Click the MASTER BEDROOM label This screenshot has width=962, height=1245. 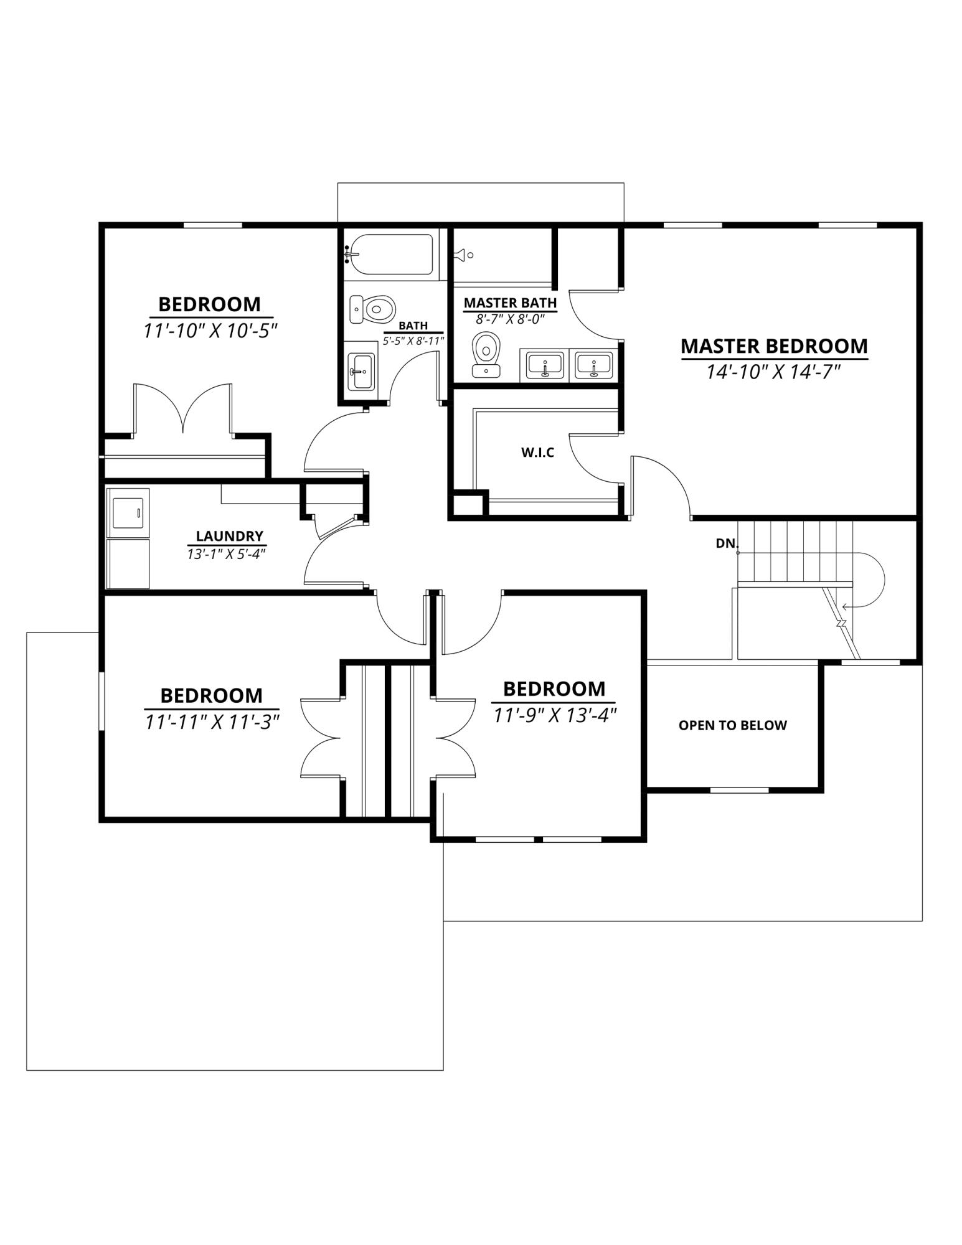773,346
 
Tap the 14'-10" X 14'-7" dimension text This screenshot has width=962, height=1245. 773,372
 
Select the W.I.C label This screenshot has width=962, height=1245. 537,453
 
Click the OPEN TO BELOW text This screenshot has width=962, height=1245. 732,725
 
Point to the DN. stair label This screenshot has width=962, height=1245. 726,543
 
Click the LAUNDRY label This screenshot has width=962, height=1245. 229,536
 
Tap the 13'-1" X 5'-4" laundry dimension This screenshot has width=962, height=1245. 227,553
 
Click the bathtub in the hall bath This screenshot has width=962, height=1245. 391,254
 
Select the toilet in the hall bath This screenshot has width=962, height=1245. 372,309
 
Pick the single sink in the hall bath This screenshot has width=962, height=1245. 360,372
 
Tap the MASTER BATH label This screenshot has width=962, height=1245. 510,303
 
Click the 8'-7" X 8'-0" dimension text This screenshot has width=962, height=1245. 510,319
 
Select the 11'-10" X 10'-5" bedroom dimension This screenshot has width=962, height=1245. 210,331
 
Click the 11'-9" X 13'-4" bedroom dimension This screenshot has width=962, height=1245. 554,715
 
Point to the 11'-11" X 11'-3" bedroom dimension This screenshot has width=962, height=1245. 212,721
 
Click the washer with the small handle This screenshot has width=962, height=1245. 128,513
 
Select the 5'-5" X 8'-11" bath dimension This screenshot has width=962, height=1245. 413,341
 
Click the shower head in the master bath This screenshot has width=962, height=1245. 463,255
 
